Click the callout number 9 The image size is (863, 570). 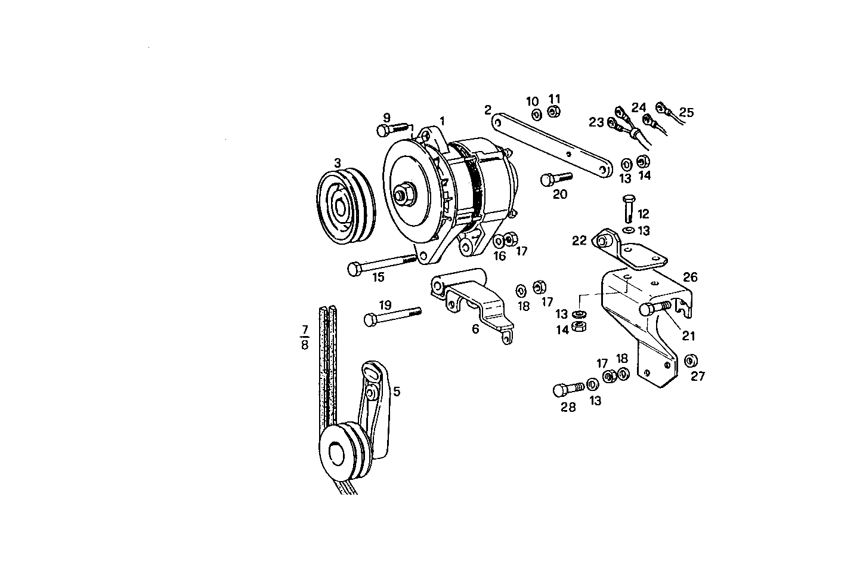click(x=386, y=117)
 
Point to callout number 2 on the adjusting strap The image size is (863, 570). click(x=488, y=110)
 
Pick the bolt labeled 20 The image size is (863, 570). click(x=555, y=178)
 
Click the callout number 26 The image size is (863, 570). click(x=690, y=278)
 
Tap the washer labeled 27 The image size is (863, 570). click(x=692, y=361)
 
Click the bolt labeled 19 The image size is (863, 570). click(x=391, y=316)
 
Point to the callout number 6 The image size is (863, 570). click(x=475, y=329)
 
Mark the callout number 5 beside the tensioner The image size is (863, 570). click(x=397, y=392)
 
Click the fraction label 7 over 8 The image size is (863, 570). click(x=305, y=338)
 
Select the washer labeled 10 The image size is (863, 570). click(x=536, y=114)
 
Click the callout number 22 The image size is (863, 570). click(x=579, y=241)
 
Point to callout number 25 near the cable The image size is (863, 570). click(x=686, y=112)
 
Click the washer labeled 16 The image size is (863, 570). click(x=499, y=242)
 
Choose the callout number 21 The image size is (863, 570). click(x=689, y=336)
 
